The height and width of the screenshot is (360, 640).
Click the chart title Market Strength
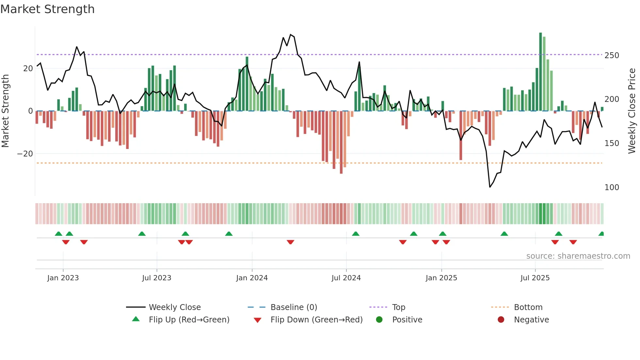click(x=47, y=9)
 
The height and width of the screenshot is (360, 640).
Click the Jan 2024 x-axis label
click(x=252, y=278)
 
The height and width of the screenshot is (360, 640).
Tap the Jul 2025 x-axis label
click(x=535, y=278)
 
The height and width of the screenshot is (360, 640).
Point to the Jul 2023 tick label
click(x=156, y=278)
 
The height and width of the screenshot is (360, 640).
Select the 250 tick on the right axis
click(x=612, y=56)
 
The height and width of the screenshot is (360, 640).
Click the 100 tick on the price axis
click(x=612, y=188)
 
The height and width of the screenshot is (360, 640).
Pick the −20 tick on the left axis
click(x=25, y=154)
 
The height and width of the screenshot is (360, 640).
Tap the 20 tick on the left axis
click(x=28, y=69)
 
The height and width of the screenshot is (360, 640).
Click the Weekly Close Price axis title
click(x=632, y=111)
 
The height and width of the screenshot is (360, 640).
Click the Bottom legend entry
click(x=528, y=307)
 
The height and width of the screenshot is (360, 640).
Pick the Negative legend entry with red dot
click(x=531, y=320)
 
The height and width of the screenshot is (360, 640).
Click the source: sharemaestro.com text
click(x=578, y=256)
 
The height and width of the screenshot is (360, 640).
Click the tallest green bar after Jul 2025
click(x=540, y=72)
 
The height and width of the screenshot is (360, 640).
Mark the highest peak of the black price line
click(x=291, y=35)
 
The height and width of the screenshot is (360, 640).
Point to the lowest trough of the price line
click(x=490, y=187)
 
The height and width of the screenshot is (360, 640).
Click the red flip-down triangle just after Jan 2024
click(x=290, y=242)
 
